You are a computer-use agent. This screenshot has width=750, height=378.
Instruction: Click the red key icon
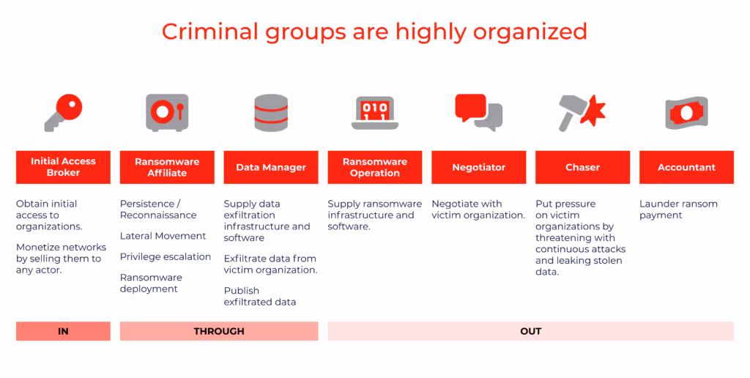(x=64, y=111)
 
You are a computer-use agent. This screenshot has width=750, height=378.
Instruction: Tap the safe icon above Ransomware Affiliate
(x=167, y=112)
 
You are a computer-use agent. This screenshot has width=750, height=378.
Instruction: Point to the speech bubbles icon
(x=478, y=112)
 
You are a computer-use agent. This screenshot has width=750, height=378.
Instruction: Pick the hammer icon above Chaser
(x=582, y=112)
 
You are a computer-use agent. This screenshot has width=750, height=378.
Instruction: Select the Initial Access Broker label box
(x=64, y=167)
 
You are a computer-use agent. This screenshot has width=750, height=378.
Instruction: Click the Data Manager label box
(x=271, y=167)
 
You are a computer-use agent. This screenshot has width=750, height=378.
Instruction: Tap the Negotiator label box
(x=478, y=167)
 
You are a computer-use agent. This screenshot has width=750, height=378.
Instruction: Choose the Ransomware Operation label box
(x=375, y=167)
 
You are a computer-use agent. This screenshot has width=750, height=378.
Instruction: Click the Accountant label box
(x=686, y=167)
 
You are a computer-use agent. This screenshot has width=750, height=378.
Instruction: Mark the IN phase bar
(x=64, y=331)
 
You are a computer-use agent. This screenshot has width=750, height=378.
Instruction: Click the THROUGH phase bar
(x=219, y=331)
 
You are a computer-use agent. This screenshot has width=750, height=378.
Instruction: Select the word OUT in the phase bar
(x=530, y=331)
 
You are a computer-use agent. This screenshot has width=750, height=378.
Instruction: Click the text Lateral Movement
(x=163, y=236)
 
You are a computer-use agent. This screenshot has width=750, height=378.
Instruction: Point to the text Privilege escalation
(x=166, y=256)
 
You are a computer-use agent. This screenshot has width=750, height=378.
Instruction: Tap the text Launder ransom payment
(x=678, y=210)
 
